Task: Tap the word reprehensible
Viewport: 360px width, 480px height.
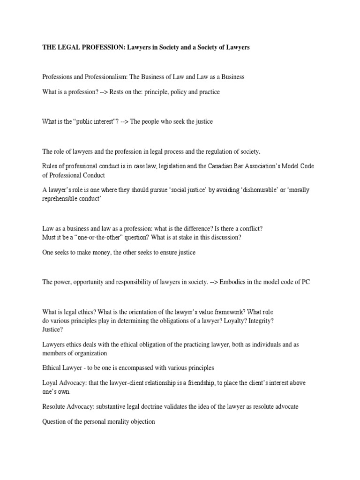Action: tap(61, 198)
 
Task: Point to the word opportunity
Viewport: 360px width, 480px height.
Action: tap(94, 282)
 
